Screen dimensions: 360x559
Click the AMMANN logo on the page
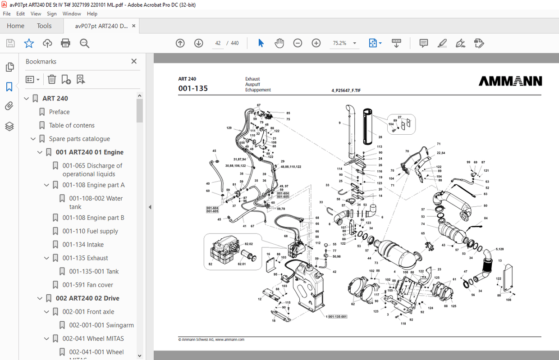tap(510, 81)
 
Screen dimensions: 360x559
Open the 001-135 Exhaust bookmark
tap(85, 258)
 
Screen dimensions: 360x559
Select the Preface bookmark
tap(59, 112)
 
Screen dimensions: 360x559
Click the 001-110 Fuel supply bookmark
tap(90, 231)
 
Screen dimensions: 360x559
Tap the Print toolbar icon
tap(65, 43)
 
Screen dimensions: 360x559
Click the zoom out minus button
tap(298, 43)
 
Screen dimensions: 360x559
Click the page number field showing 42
tap(218, 43)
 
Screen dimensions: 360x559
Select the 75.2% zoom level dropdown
tap(344, 43)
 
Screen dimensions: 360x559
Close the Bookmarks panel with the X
tap(134, 61)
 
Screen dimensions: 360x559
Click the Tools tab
tap(44, 26)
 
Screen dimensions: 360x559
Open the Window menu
tap(72, 14)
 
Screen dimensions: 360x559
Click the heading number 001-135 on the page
tap(193, 88)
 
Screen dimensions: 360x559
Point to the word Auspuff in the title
tap(252, 84)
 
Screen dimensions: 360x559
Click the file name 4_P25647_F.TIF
tap(346, 90)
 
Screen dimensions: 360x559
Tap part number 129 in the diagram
tap(229, 128)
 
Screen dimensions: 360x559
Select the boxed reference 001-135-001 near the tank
tap(337, 317)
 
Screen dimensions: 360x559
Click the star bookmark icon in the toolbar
tap(29, 43)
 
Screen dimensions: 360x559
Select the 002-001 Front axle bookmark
tap(88, 312)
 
